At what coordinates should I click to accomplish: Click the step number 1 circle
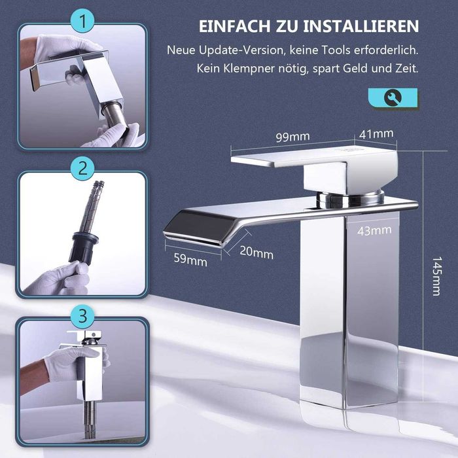tap(82, 21)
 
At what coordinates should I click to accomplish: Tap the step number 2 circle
tap(82, 169)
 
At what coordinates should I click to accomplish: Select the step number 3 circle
tap(82, 316)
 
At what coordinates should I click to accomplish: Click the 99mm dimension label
tap(292, 137)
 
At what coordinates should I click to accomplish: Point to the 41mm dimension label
tap(376, 134)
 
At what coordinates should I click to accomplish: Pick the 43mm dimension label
tap(374, 231)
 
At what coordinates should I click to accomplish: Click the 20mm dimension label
tap(256, 253)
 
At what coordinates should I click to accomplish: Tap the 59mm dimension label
tap(190, 260)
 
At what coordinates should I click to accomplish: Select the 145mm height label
tap(436, 276)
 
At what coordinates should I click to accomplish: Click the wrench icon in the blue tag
tap(393, 98)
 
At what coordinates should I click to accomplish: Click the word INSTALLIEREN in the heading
tap(361, 26)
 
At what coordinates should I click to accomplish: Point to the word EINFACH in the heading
tap(235, 26)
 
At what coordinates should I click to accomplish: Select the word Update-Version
tap(241, 50)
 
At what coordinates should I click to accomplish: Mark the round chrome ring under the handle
tap(350, 198)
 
